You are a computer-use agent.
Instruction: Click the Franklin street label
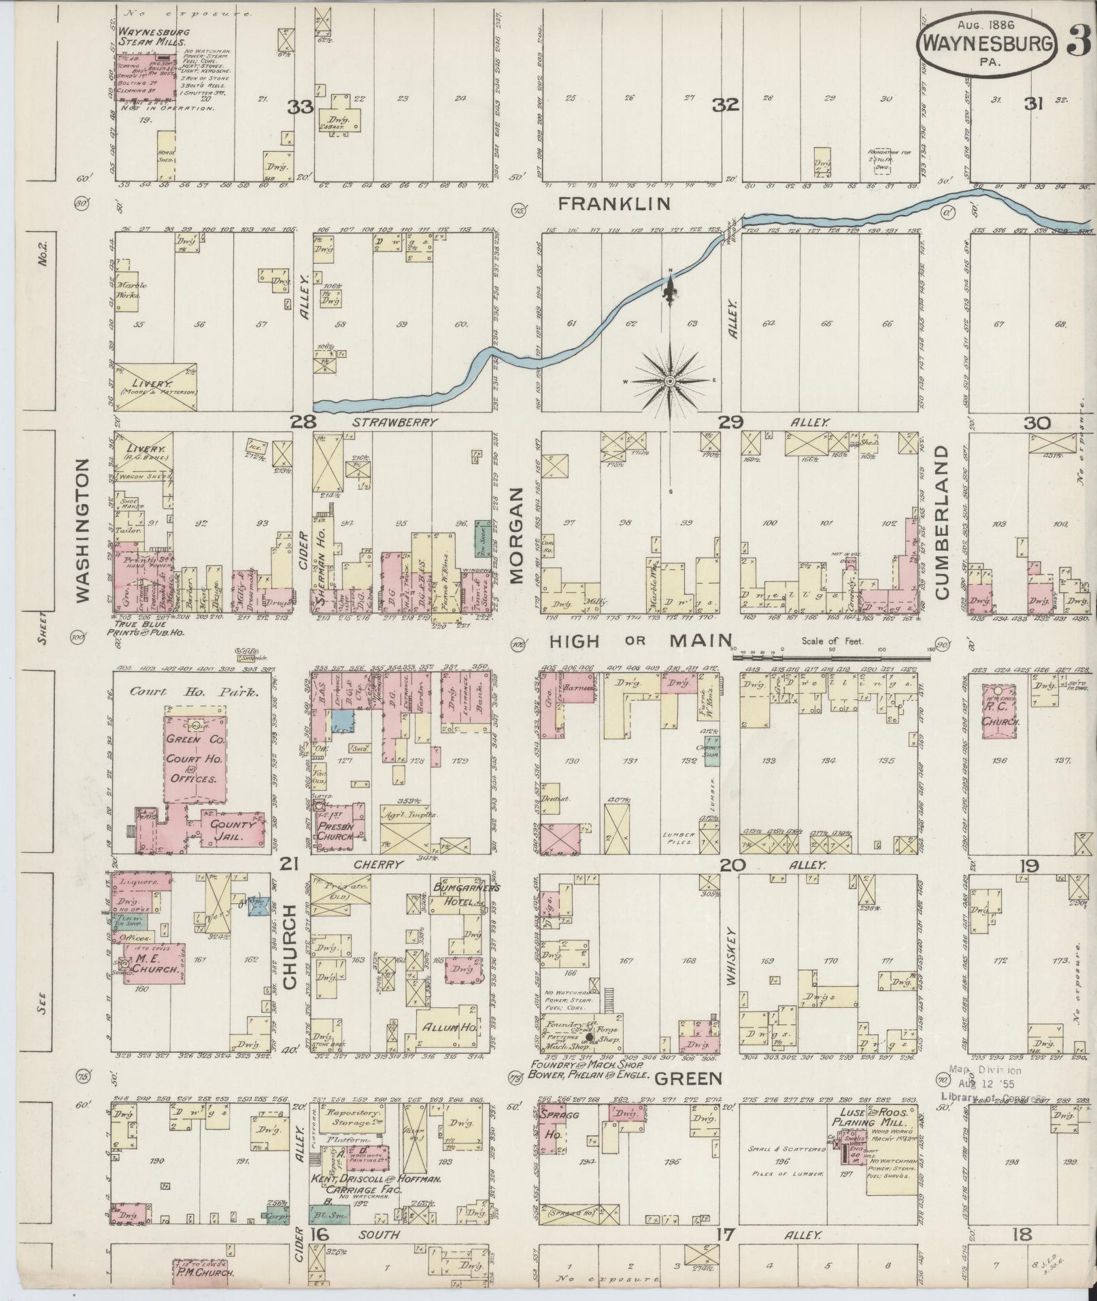tap(613, 203)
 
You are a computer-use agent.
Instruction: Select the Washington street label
tap(82, 530)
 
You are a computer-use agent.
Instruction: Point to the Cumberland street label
tap(943, 522)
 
